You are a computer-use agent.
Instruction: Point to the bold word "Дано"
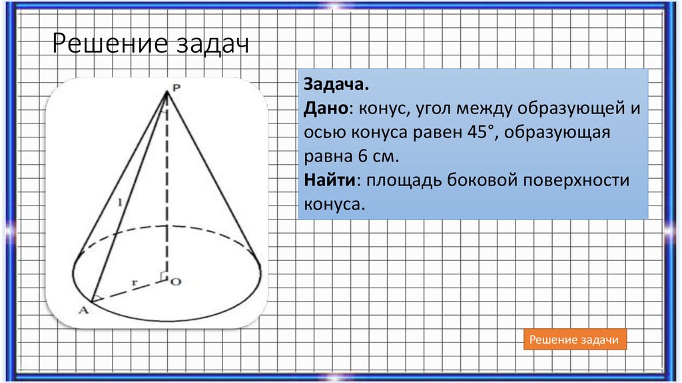pyautogui.click(x=326, y=109)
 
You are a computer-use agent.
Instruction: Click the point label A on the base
pyautogui.click(x=84, y=308)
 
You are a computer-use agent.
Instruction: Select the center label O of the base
pyautogui.click(x=176, y=282)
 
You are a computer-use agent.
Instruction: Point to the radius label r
pyautogui.click(x=135, y=283)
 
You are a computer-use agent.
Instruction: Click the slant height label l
pyautogui.click(x=119, y=201)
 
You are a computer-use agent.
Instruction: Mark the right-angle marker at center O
pyautogui.click(x=163, y=276)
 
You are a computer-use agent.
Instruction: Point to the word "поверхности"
pyautogui.click(x=579, y=180)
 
